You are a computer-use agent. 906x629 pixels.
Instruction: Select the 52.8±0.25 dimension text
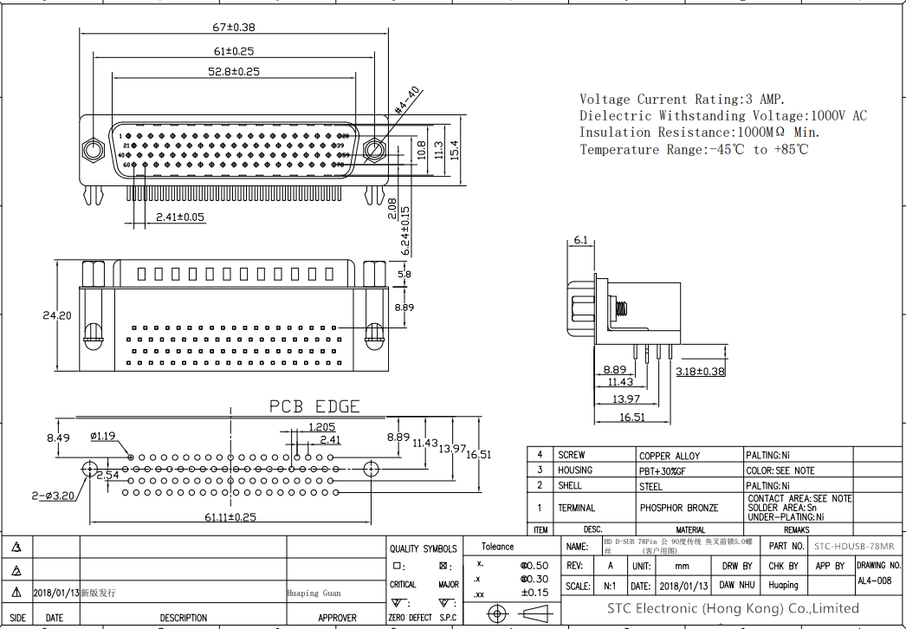pyautogui.click(x=234, y=71)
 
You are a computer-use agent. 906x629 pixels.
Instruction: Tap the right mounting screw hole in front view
pyautogui.click(x=373, y=149)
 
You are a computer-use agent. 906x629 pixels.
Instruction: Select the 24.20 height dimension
pyautogui.click(x=57, y=316)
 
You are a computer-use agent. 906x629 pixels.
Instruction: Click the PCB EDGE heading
pyautogui.click(x=314, y=406)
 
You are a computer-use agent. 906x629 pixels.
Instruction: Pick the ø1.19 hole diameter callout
pyautogui.click(x=103, y=436)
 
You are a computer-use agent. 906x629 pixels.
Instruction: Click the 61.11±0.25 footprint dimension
pyautogui.click(x=230, y=517)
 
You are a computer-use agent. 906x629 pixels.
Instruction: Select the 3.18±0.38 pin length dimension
pyautogui.click(x=700, y=372)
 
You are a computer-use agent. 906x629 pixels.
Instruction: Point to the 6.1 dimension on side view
pyautogui.click(x=580, y=240)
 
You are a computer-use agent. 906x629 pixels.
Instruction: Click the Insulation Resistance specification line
pyautogui.click(x=699, y=133)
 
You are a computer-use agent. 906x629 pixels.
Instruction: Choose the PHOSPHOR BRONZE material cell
pyautogui.click(x=679, y=508)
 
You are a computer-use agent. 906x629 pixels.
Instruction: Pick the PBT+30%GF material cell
pyautogui.click(x=663, y=470)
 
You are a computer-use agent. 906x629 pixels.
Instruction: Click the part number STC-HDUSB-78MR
pyautogui.click(x=854, y=547)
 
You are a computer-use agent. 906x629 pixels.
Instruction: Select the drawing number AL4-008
pyautogui.click(x=874, y=581)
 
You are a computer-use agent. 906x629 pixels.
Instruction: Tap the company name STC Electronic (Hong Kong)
pyautogui.click(x=733, y=608)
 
